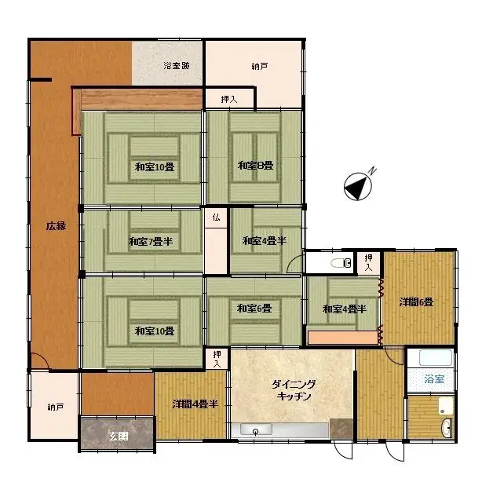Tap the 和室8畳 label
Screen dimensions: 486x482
point(255,166)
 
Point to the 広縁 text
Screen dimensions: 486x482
point(55,226)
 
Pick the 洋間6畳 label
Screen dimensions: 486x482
point(416,301)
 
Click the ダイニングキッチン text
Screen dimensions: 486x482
point(294,390)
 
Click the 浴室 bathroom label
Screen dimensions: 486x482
point(434,379)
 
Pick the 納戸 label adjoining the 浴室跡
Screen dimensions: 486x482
point(259,66)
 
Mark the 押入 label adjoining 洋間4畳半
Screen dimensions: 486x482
point(217,359)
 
